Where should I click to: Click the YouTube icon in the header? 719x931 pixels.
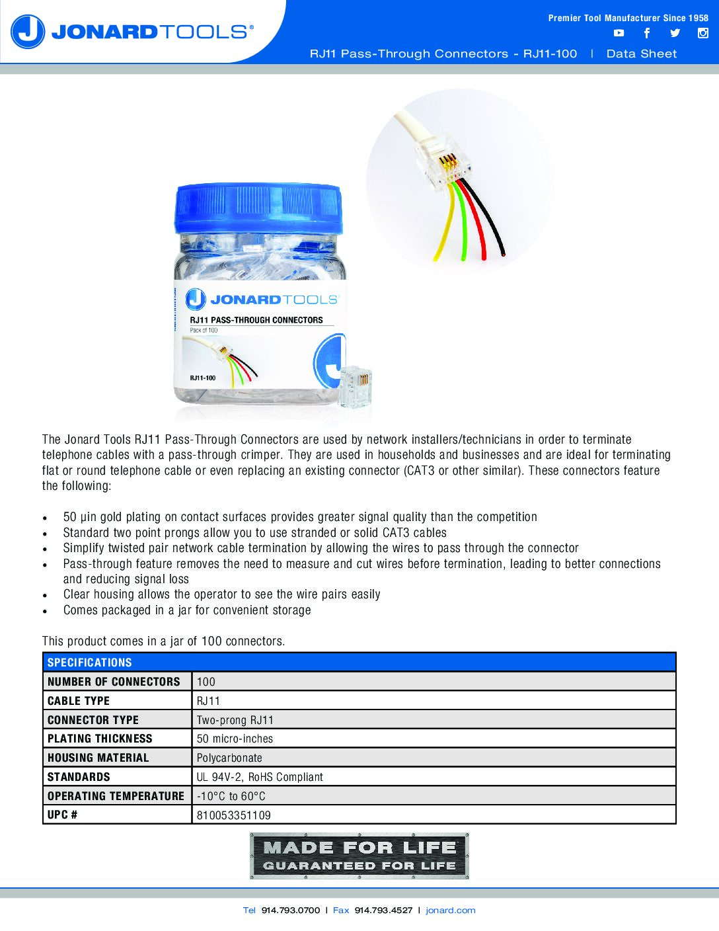coord(619,33)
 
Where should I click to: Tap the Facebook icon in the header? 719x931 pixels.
coord(647,33)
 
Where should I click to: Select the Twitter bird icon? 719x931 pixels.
coord(675,33)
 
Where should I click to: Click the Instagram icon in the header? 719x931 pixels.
coord(703,33)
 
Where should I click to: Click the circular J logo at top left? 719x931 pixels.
coord(28,32)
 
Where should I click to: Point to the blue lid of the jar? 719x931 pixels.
coord(260,207)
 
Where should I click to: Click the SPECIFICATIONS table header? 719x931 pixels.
coord(90,663)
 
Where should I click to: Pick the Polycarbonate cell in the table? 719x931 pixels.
coord(229,758)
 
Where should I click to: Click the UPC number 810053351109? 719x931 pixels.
coord(234,815)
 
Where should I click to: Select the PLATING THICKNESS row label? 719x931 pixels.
coord(100,739)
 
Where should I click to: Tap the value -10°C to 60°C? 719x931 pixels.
coord(231,796)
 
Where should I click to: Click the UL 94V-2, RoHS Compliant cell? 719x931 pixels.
coord(260,777)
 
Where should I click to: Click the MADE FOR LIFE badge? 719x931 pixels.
coord(359,856)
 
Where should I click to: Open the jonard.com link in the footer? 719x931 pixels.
coord(451,911)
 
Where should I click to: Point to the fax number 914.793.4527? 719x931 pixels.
coord(383,911)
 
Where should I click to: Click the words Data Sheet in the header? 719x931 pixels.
coord(642,54)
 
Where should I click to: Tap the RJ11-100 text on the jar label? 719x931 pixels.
coord(203,378)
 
